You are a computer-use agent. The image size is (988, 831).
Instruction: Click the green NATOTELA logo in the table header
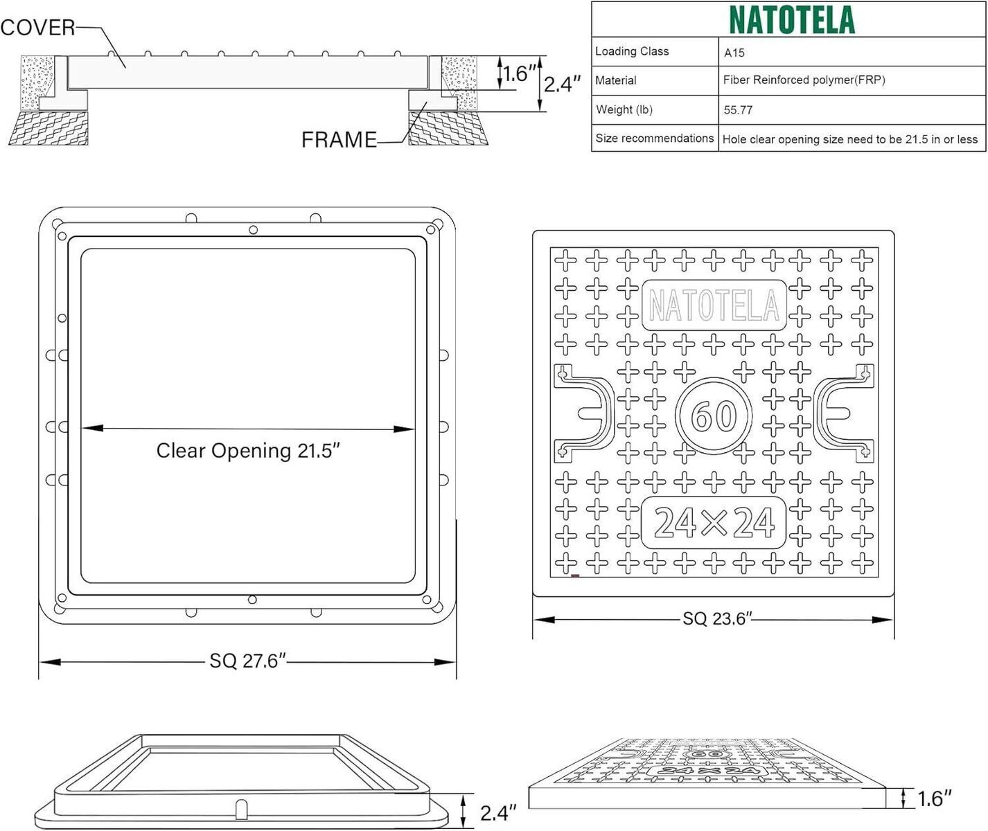[792, 20]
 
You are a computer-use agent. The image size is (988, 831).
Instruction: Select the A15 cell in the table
[734, 53]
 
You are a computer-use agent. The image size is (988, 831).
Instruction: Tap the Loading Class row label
[632, 51]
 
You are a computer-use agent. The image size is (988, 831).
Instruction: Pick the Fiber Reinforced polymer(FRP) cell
[804, 80]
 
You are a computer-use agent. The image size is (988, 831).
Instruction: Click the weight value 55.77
[738, 109]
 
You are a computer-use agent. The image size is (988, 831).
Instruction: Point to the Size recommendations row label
[655, 138]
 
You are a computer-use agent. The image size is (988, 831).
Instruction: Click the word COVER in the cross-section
[38, 28]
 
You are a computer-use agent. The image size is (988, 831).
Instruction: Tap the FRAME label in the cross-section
[339, 139]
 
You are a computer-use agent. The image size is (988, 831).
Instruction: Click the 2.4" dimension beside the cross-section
[562, 84]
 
